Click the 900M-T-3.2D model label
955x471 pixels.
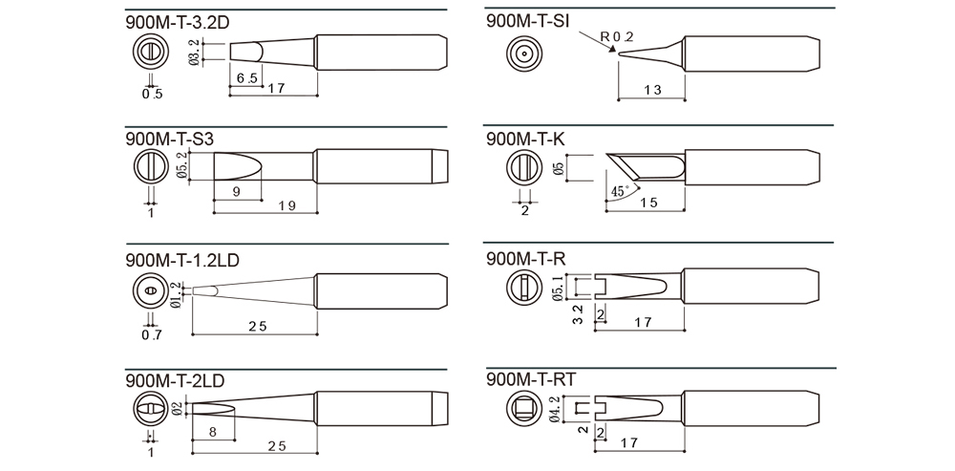178,23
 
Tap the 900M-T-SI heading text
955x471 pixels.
528,21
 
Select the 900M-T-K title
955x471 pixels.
525,139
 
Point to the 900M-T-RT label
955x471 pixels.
530,379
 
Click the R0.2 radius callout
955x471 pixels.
616,36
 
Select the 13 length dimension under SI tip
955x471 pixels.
651,90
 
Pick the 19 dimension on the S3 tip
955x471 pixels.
286,205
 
